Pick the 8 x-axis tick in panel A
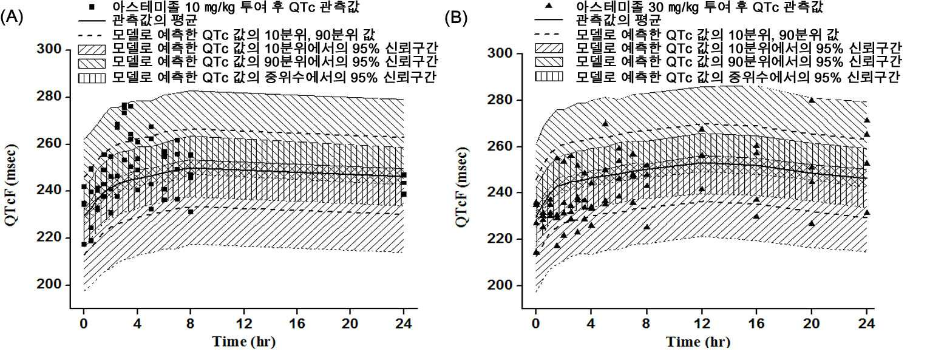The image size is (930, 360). [191, 324]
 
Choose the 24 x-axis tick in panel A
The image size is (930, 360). [403, 324]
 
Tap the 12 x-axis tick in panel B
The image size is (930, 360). [702, 324]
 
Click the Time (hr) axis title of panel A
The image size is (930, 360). [243, 342]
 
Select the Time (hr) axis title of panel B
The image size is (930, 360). [698, 342]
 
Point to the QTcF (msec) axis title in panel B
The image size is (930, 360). [463, 187]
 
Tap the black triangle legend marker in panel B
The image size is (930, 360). [549, 6]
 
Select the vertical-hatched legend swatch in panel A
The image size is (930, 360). [92, 78]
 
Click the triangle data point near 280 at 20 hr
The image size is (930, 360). [812, 100]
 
